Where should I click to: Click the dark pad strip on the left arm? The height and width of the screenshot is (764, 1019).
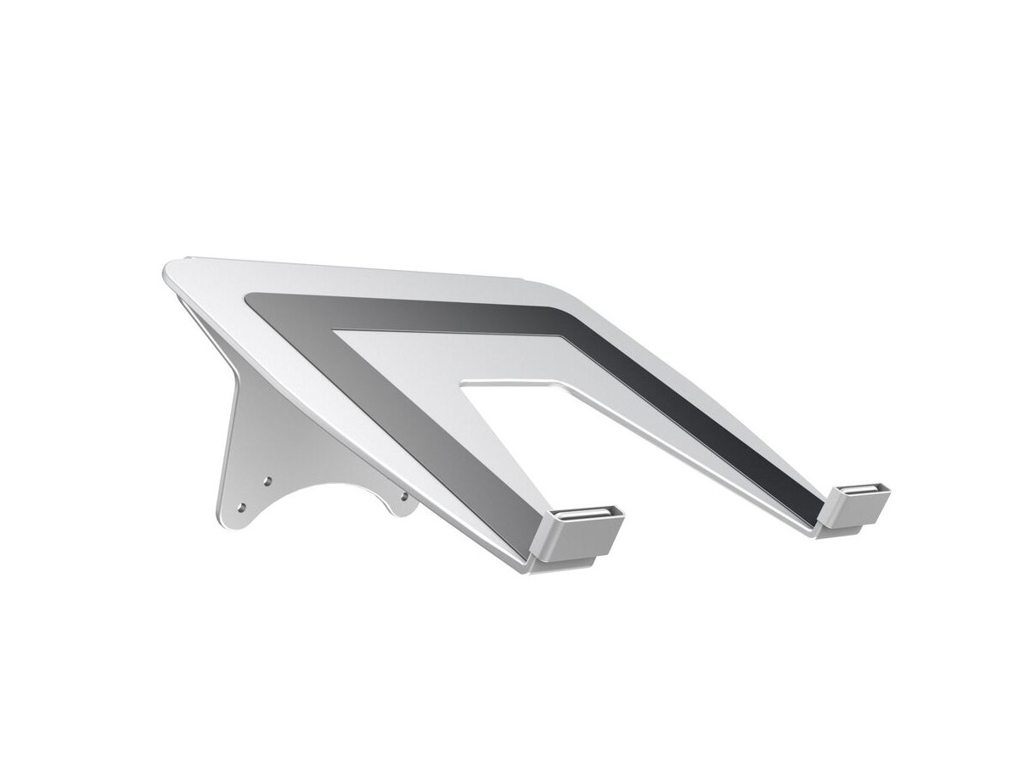pyautogui.click(x=425, y=424)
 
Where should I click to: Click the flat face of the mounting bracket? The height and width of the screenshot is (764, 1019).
pyautogui.click(x=255, y=441)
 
